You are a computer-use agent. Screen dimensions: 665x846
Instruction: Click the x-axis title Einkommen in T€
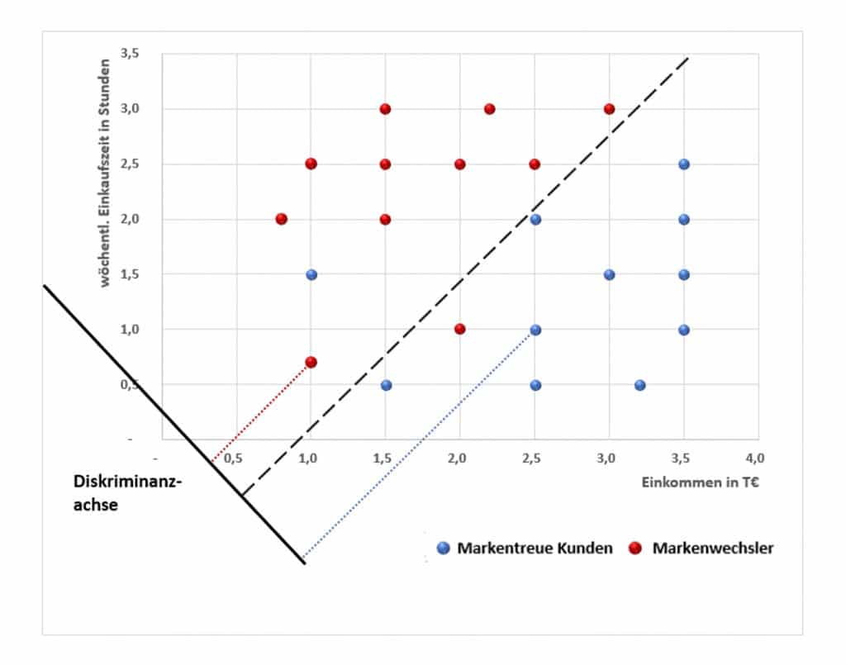[x=700, y=483]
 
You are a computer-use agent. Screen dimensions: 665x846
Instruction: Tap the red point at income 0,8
[x=282, y=219]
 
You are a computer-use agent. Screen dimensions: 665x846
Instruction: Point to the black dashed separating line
[x=463, y=277]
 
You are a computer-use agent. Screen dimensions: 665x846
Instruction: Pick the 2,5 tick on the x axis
[x=535, y=456]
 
